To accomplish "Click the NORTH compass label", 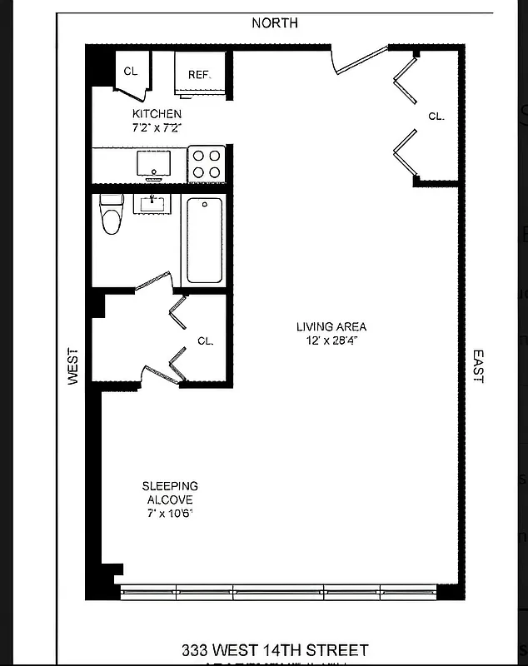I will tap(274, 23).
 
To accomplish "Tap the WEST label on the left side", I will tap(73, 365).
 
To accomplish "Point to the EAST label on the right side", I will tap(477, 365).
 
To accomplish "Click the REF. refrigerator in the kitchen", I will tap(200, 75).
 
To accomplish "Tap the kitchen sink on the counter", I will tap(153, 163).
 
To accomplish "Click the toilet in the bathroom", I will tap(111, 214).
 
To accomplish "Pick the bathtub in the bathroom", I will tap(204, 241).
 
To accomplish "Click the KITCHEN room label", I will tap(157, 114).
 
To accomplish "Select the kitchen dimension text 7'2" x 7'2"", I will tap(157, 128).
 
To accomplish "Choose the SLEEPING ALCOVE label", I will tap(170, 493).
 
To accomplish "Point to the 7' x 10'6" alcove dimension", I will tap(170, 514).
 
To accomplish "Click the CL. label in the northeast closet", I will tap(436, 117).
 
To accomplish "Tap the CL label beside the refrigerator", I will tap(131, 72).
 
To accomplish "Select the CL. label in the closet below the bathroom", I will tap(206, 340).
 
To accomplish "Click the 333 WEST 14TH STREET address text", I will tap(275, 649).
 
